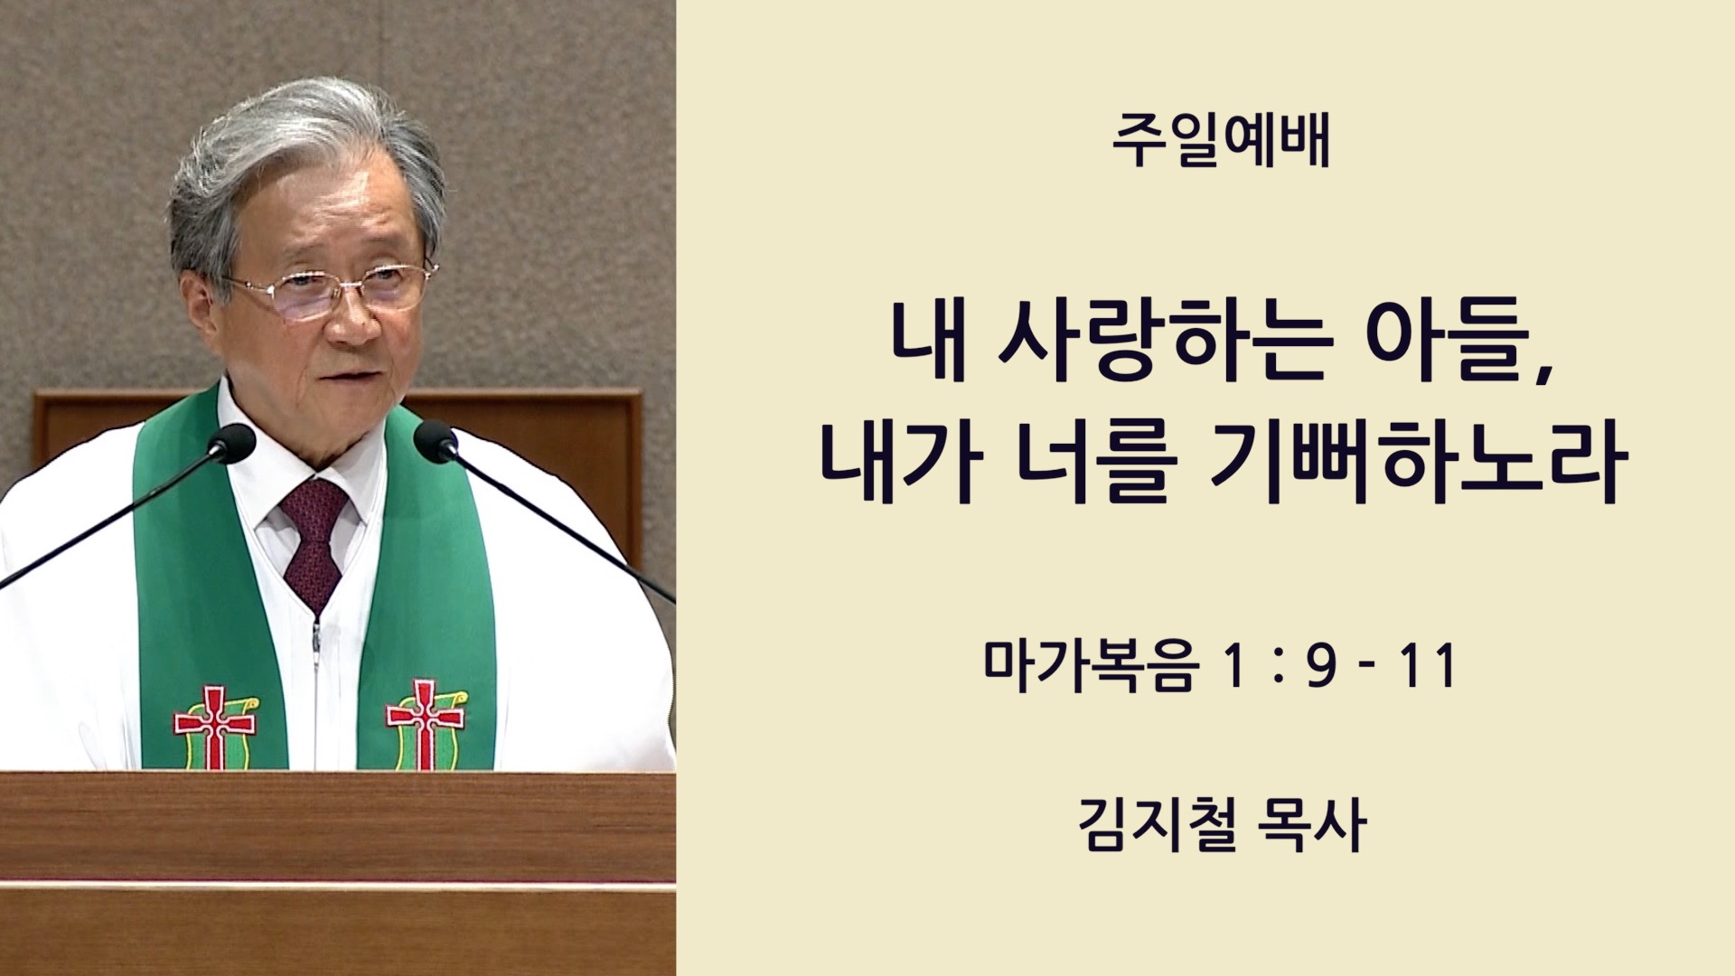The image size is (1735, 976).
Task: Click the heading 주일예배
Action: tap(1221, 142)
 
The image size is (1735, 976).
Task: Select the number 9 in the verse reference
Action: tap(1320, 667)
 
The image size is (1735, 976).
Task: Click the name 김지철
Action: tap(1157, 824)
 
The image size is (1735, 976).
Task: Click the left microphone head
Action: tap(231, 443)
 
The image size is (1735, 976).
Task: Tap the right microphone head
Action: tap(436, 441)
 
